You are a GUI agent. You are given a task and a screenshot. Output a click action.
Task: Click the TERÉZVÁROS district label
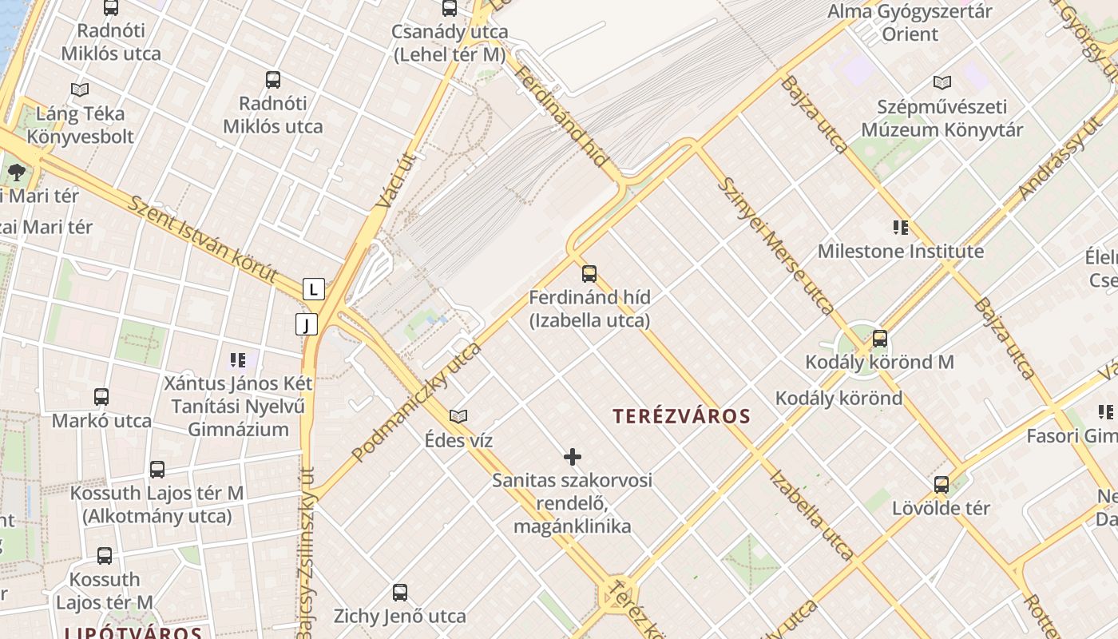point(682,416)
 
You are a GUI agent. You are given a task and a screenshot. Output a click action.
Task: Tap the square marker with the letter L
point(314,289)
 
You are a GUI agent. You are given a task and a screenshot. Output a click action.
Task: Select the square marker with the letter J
point(307,324)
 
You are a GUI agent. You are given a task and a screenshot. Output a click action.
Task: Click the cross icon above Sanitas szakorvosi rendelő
point(573,457)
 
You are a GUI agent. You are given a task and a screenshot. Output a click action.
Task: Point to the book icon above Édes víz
point(458,416)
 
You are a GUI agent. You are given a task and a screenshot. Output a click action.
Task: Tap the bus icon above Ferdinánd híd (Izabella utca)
point(589,274)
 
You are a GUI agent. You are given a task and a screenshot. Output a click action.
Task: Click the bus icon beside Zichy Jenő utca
point(400,593)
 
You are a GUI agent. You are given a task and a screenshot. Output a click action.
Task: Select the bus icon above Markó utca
point(101,397)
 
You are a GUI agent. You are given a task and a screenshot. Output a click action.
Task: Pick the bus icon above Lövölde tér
point(942,484)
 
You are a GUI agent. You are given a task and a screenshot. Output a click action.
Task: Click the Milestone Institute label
point(901,252)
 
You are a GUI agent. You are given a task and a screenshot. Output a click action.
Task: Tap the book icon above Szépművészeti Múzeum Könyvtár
point(942,82)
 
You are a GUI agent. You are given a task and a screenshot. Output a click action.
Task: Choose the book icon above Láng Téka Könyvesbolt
point(80,89)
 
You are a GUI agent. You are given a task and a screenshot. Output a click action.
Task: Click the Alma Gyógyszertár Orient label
point(910,23)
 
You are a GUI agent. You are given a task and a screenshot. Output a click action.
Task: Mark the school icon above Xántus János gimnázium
point(238,359)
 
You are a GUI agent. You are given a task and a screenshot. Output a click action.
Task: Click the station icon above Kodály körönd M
point(879,339)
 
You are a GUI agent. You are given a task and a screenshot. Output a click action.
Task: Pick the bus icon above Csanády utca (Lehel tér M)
point(450,8)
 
